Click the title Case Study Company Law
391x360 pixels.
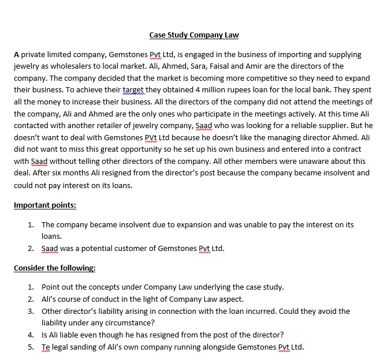pos(194,35)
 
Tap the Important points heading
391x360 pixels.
pos(45,205)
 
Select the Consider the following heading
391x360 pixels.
pos(54,268)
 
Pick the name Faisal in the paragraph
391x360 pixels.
pos(230,66)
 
